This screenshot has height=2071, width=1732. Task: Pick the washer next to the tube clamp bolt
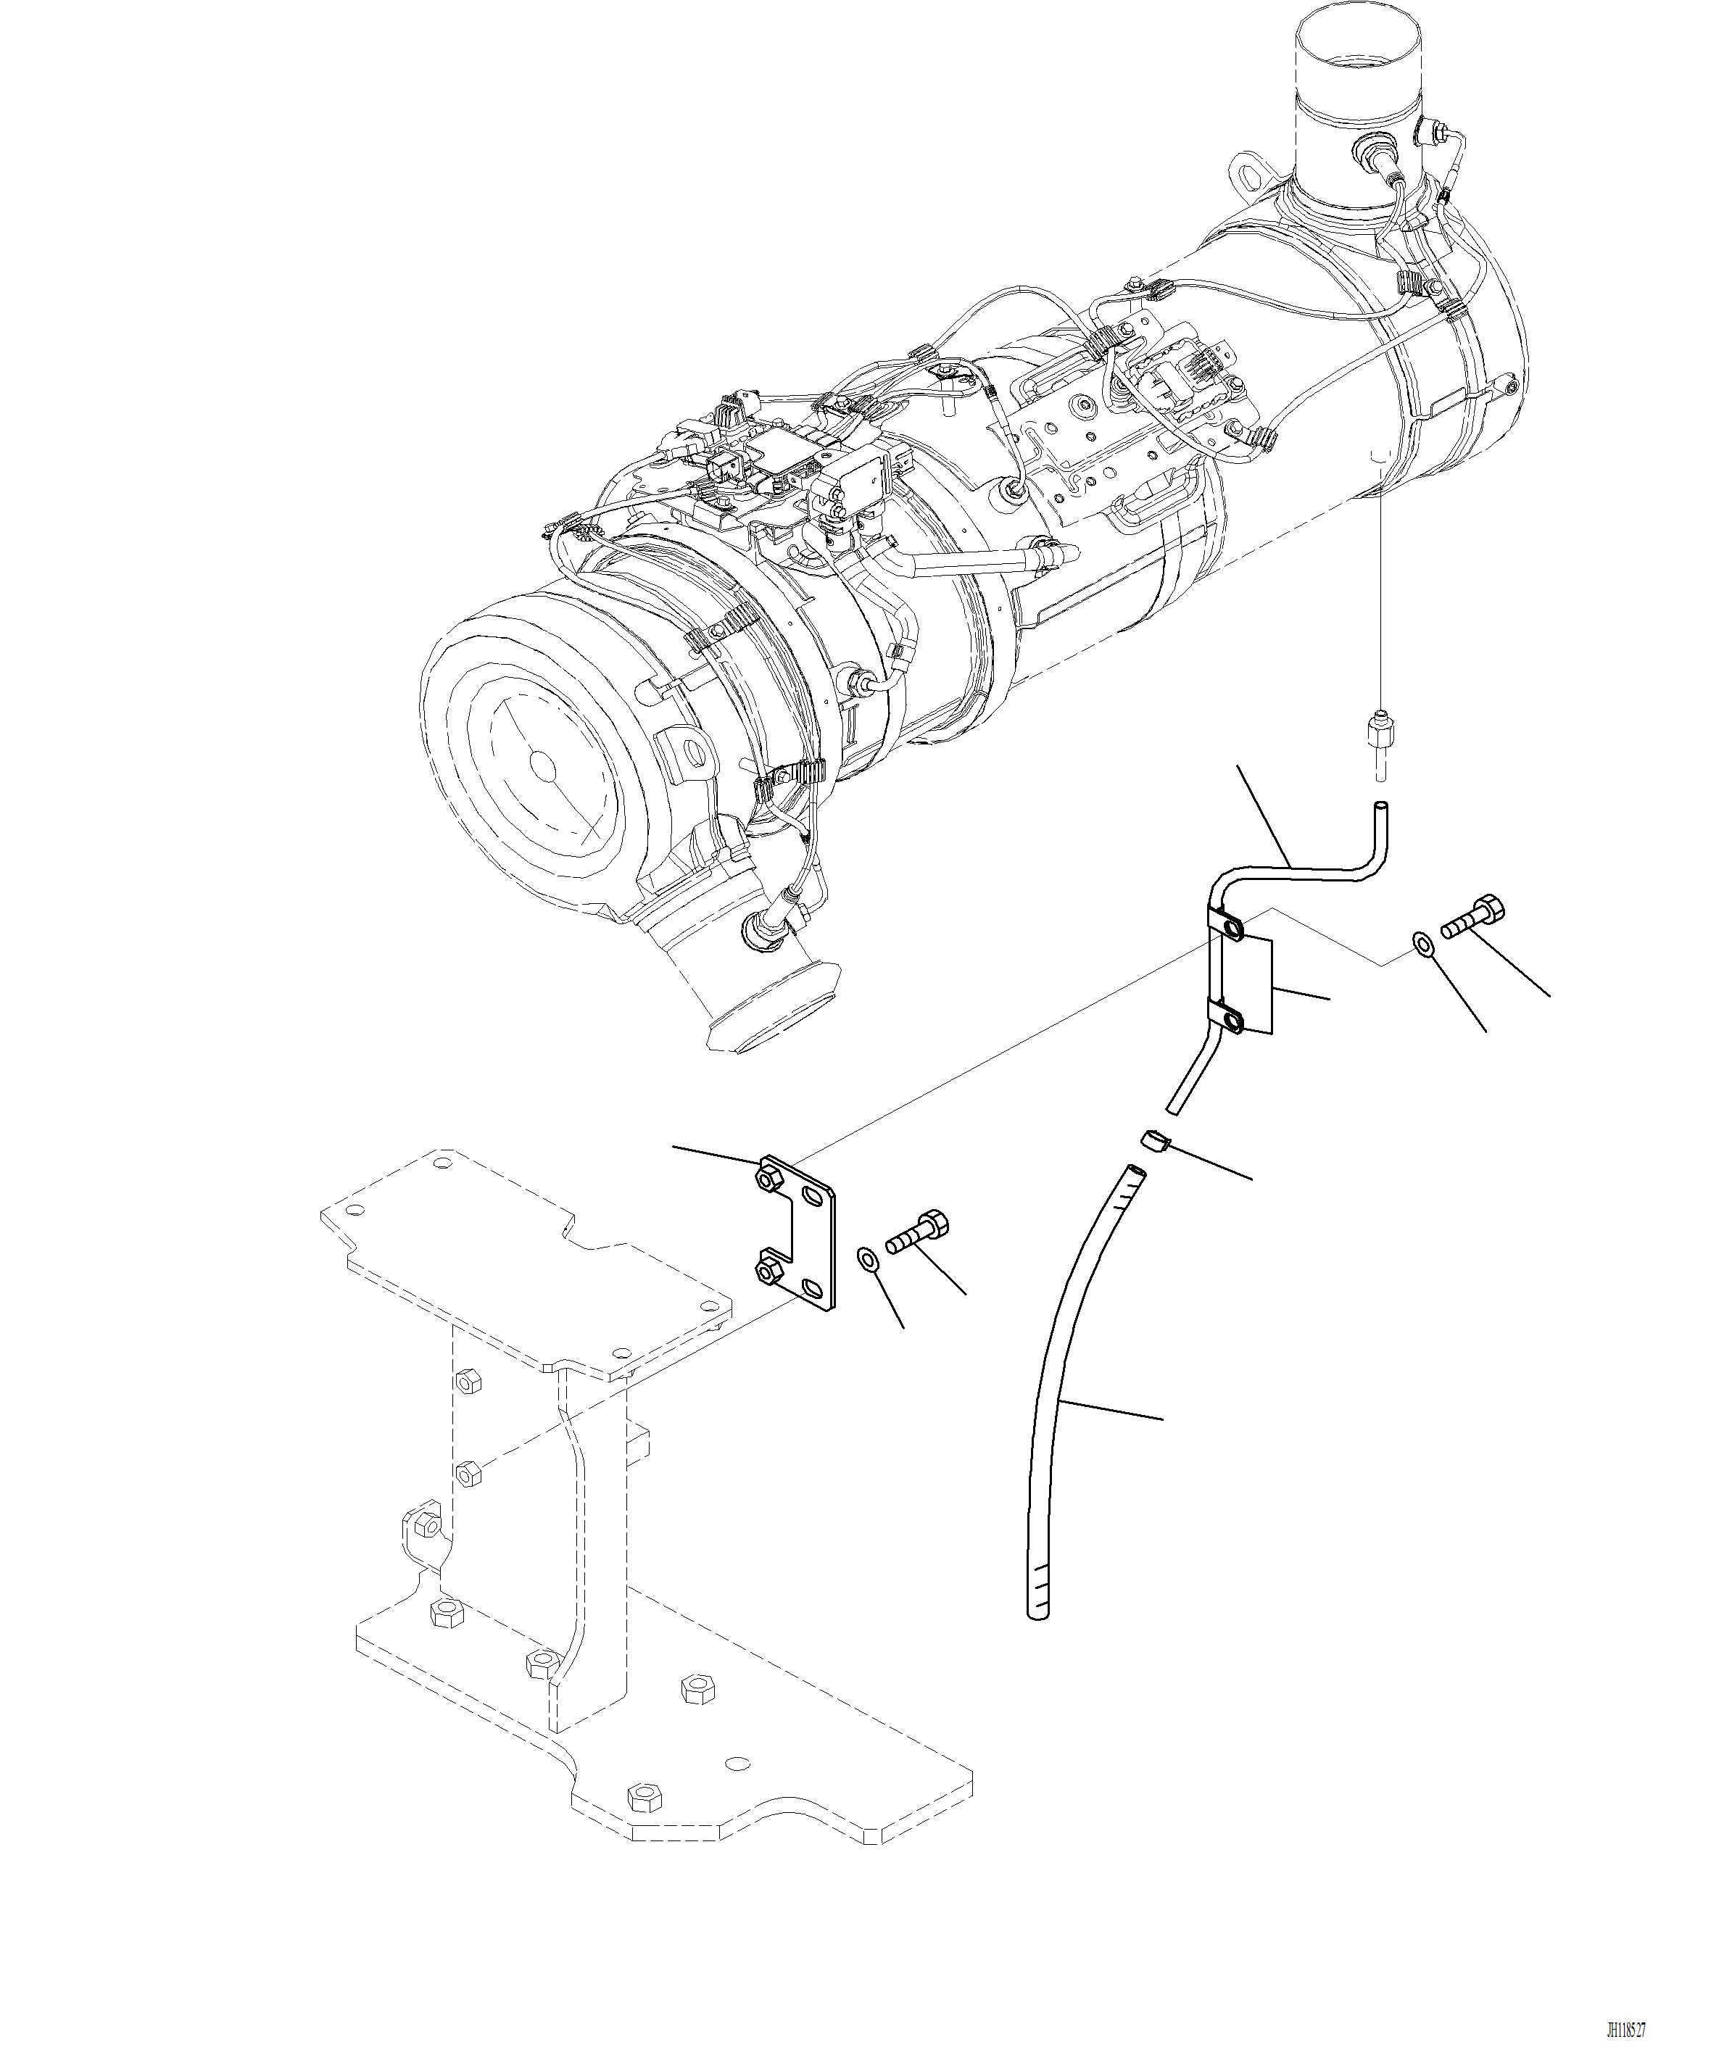(1422, 944)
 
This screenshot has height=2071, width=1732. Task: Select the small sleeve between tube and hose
(1154, 1142)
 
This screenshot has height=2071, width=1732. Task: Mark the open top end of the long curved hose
(1135, 1171)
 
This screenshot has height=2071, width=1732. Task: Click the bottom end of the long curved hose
(1039, 1611)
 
